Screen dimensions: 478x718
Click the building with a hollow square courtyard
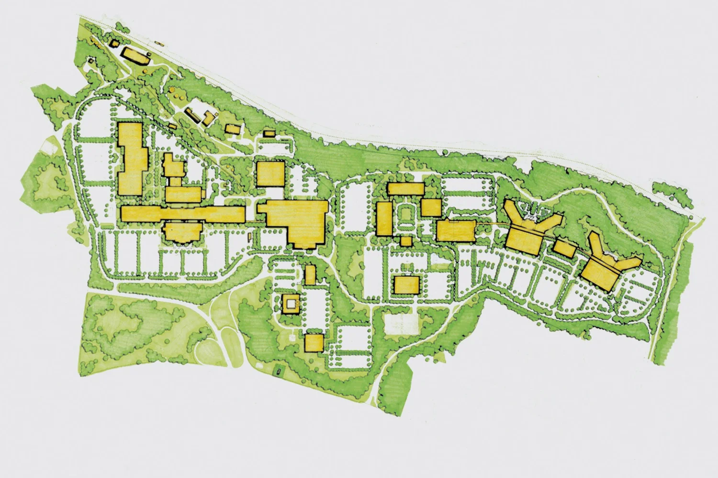tap(290, 303)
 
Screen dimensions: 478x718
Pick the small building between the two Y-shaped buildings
tap(565, 248)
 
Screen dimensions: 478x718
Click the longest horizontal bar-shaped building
tap(182, 213)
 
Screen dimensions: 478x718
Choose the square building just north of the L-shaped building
tap(271, 174)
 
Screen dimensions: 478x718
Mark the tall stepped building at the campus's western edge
tap(131, 158)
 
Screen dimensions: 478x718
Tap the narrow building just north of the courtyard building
tap(310, 274)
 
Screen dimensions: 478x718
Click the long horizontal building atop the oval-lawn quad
tap(406, 188)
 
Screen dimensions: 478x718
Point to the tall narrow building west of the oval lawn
tap(384, 218)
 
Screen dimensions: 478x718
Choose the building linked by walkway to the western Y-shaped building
tap(455, 230)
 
